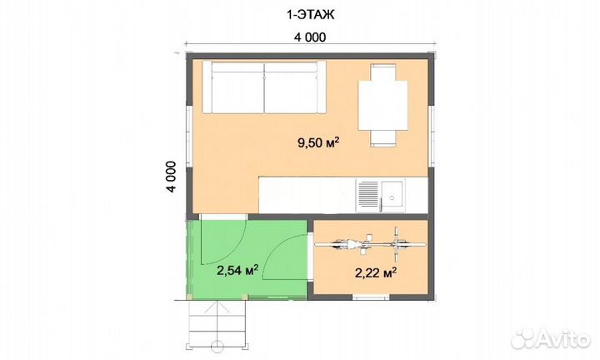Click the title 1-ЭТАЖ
[x=310, y=14]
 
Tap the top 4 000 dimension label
[x=310, y=37]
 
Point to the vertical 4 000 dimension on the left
[x=171, y=177]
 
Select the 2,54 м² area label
[x=237, y=270]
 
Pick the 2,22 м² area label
[x=375, y=272]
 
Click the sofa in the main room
[x=264, y=87]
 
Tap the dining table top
[x=382, y=105]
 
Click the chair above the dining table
[x=382, y=72]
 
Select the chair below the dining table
[x=382, y=138]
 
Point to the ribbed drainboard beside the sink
[x=368, y=194]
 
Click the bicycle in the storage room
[x=370, y=244]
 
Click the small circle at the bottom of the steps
[x=217, y=346]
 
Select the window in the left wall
[x=188, y=136]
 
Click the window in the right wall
[x=432, y=136]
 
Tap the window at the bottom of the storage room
[x=370, y=297]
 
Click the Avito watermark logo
[x=551, y=339]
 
